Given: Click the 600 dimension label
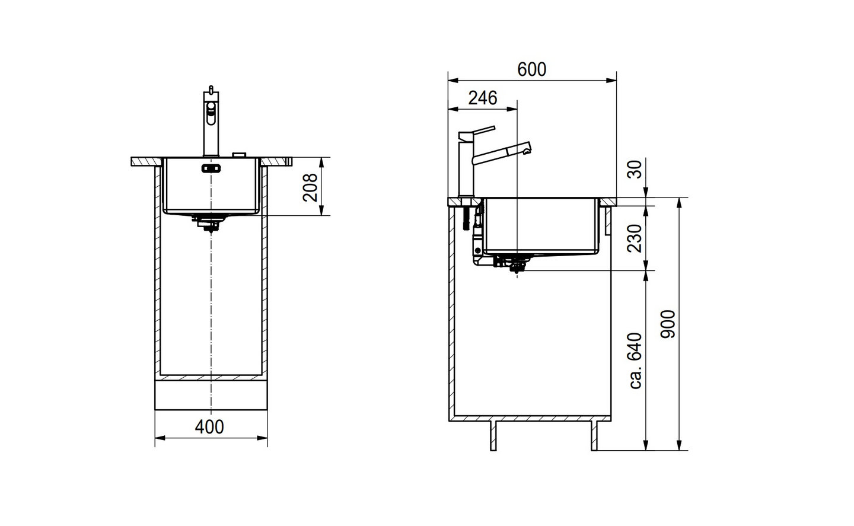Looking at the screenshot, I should (x=531, y=69).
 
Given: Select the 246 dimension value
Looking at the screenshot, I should (x=482, y=98).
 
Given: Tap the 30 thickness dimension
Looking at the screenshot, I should (x=635, y=170).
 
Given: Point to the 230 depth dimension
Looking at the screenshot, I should (x=635, y=238).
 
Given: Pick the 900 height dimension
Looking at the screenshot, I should (x=668, y=324).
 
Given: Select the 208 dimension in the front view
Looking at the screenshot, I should (x=310, y=187).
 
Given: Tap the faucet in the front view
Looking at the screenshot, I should (x=211, y=122).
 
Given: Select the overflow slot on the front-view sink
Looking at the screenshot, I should (x=211, y=168).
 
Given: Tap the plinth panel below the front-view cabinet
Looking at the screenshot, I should (x=211, y=395).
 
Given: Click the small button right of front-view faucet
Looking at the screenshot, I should (x=239, y=155).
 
